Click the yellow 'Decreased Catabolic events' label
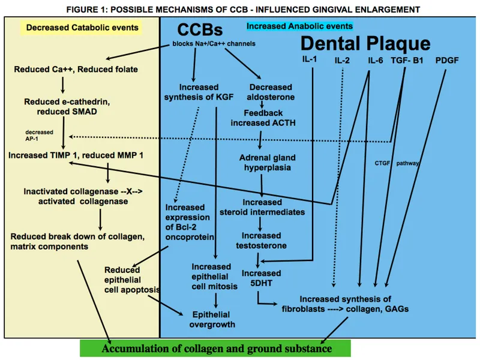point(82,28)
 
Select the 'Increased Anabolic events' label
point(299,26)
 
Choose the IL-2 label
point(342,61)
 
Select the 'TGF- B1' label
point(408,61)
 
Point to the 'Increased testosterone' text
point(260,241)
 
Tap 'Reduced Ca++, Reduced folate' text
point(76,70)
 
